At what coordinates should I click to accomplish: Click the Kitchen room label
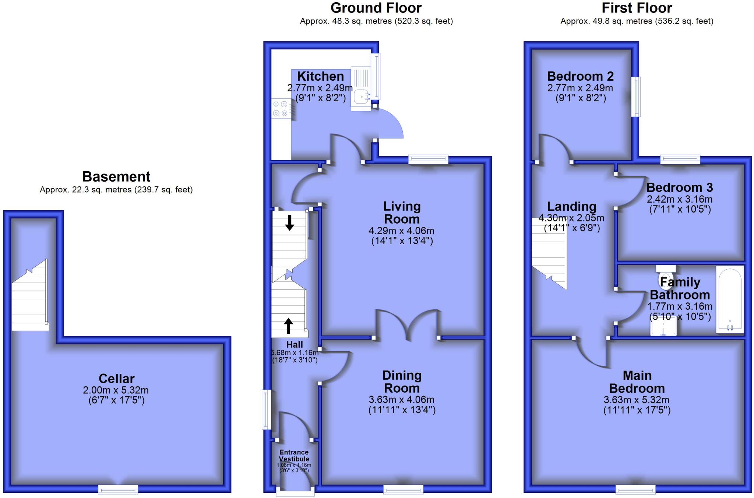point(320,76)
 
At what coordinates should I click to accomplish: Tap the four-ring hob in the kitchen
point(280,109)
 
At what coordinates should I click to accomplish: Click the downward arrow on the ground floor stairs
point(289,223)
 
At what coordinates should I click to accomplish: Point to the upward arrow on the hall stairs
point(288,326)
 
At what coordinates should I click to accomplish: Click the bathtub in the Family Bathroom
point(730,300)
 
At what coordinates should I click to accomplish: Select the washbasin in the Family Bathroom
point(663,327)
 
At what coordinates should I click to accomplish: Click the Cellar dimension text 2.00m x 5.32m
point(116,390)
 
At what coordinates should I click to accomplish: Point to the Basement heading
point(116,176)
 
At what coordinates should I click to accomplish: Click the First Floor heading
point(637,8)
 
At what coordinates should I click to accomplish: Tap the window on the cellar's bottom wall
point(118,489)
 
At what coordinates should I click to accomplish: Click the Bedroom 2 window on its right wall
point(636,97)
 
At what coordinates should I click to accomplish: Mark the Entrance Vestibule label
point(294,456)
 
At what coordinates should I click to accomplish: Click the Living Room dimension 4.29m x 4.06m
point(401,231)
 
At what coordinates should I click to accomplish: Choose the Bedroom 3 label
point(679,187)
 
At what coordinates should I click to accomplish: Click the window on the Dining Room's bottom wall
point(403,489)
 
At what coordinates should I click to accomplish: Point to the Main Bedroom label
point(637,382)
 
